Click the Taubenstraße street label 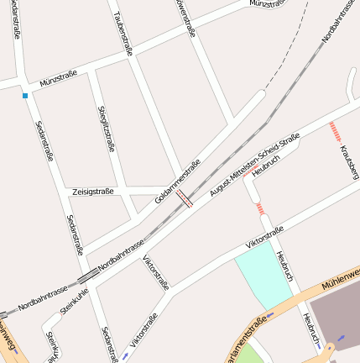coord(123,34)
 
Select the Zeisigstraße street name coord(93,192)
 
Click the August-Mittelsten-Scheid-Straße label coord(254,164)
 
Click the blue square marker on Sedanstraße coord(25,97)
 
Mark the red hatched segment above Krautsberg coord(336,130)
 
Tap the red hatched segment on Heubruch coord(262,207)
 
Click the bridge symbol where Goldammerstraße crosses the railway coord(185,198)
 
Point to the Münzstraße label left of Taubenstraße coord(58,79)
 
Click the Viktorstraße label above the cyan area coord(264,237)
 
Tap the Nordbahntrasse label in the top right coord(338,25)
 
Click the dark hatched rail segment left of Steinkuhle coord(86,276)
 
